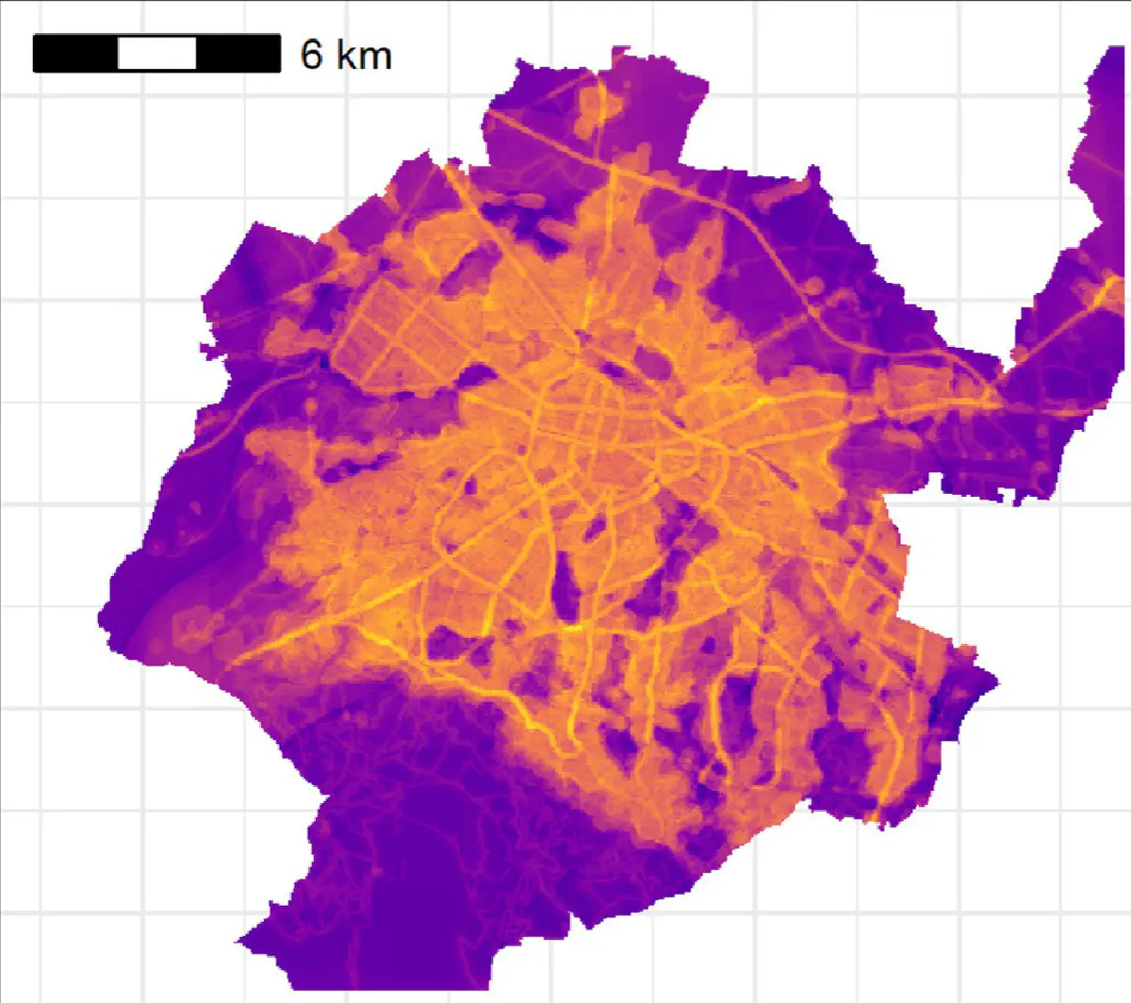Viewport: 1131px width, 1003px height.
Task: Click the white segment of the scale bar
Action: click(157, 54)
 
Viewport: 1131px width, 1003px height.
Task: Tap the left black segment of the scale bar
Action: click(75, 54)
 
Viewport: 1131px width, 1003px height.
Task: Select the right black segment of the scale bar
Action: click(239, 54)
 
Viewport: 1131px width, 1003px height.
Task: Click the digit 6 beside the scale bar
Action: click(311, 55)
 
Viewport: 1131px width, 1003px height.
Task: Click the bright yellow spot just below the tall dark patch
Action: click(571, 626)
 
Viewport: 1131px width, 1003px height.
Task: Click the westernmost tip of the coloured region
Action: click(99, 617)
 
